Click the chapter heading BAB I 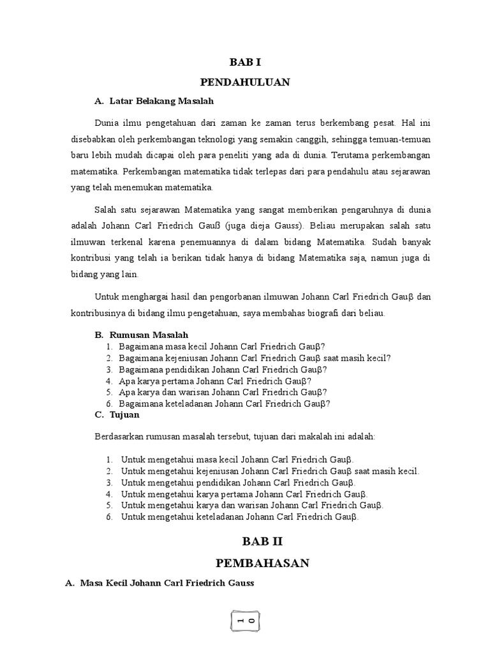coord(245,62)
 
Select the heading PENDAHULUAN coord(245,82)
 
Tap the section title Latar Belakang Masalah coord(161,101)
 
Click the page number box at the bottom coord(245,621)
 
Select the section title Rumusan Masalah coord(149,335)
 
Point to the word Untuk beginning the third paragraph coord(107,296)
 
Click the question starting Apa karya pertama coord(221,381)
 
